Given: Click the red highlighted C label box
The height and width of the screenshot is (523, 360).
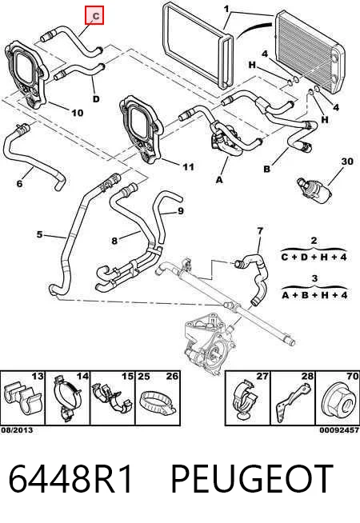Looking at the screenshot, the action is [94, 15].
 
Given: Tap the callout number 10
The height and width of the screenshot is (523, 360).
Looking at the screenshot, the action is [77, 113].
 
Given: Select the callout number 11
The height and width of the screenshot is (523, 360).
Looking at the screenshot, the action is [188, 166].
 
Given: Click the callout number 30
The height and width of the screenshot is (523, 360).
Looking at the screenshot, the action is [347, 162].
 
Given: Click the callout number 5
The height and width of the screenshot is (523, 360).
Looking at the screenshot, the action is [40, 234].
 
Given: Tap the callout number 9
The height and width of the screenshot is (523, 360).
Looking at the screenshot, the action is [181, 211].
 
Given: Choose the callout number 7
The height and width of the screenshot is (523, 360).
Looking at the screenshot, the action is [260, 231].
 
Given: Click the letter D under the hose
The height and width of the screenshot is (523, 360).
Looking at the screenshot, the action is [96, 99].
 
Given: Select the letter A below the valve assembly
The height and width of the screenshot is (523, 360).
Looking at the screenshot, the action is [219, 180].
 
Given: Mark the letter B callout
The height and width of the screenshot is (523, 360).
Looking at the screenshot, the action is [266, 169].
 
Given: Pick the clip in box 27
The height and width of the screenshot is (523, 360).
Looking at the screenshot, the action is [246, 398].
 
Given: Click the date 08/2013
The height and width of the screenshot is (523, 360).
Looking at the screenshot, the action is [17, 430].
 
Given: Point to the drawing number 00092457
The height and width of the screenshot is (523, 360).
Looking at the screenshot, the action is [340, 430].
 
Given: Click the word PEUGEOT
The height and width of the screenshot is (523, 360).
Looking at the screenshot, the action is [252, 479].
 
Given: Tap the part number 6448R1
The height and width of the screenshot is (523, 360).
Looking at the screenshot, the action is [70, 479].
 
